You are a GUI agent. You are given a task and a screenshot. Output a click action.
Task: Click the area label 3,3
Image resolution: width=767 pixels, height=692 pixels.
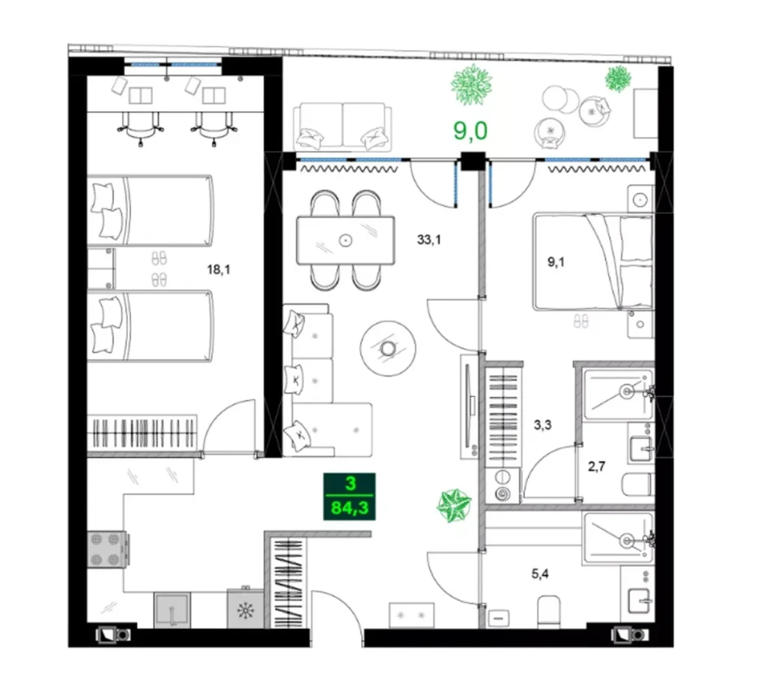544,427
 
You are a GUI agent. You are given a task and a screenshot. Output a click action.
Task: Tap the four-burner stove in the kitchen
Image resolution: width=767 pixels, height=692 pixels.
108,550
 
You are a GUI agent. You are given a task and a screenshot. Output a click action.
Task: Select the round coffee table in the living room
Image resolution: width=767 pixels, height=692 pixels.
387,347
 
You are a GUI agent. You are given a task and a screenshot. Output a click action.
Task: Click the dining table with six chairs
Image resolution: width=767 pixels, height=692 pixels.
345,240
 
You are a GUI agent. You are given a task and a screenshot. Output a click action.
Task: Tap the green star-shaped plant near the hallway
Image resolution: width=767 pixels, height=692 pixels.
454,506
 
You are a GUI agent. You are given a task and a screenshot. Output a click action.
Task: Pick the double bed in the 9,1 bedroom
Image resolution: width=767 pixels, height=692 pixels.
592,261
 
